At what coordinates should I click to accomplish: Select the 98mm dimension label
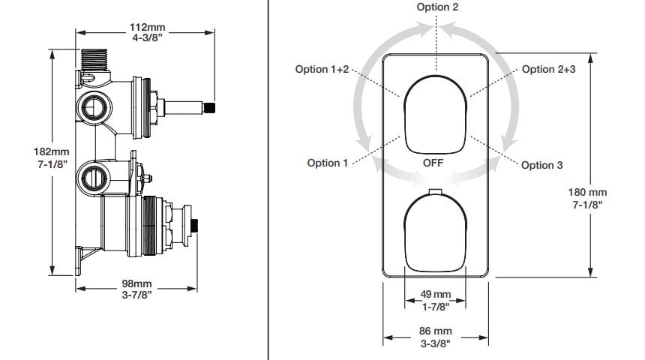tap(136, 283)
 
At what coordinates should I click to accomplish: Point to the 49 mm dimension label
tap(435, 294)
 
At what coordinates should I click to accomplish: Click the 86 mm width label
tap(435, 331)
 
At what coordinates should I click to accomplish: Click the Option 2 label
tap(437, 7)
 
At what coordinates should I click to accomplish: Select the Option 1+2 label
tap(322, 69)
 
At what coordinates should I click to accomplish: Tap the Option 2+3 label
tap(548, 69)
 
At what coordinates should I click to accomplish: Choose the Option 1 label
tap(328, 163)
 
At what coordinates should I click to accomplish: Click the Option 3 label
tap(541, 165)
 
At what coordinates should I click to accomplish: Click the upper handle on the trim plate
tap(435, 112)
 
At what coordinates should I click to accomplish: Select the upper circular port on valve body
tap(94, 108)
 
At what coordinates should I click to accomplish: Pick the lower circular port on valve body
tap(94, 178)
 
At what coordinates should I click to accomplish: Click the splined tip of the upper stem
tap(211, 106)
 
